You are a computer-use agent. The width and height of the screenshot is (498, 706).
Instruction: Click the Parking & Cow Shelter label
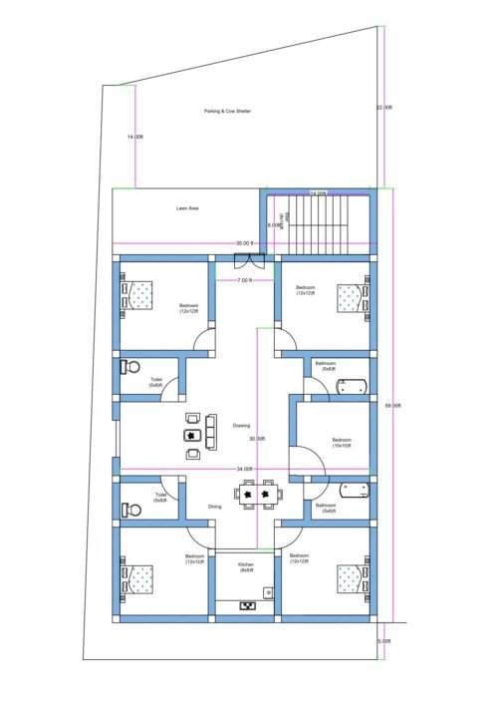pos(227,112)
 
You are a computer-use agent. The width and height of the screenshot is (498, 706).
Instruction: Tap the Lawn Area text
pos(188,208)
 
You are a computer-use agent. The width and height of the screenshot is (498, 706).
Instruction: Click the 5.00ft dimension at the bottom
pos(384,640)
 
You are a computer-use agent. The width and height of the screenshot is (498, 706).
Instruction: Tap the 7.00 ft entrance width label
pos(244,280)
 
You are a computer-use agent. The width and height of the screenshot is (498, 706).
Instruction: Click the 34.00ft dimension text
pos(245,469)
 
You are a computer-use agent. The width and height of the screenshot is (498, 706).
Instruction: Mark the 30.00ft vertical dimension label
pos(257,439)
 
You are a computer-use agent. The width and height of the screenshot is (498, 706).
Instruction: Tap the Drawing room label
pos(241,426)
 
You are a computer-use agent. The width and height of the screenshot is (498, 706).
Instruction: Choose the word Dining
pos(215,507)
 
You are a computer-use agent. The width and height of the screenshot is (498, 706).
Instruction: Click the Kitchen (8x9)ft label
pos(246,567)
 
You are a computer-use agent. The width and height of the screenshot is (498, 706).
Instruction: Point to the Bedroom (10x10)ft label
pos(342,442)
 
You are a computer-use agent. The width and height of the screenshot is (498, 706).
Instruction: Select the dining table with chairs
pos(255,493)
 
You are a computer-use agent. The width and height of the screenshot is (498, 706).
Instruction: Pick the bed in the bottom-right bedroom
pos(348,579)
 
